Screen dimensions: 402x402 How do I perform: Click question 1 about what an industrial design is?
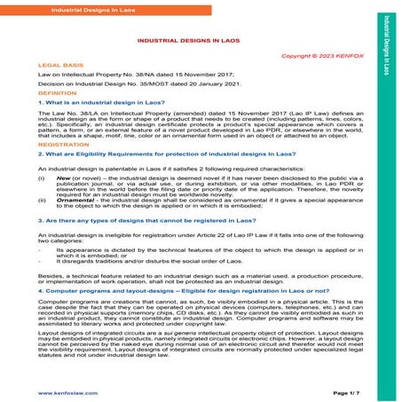(x=106, y=103)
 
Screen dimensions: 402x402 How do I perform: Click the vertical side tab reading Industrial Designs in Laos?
(x=387, y=43)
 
